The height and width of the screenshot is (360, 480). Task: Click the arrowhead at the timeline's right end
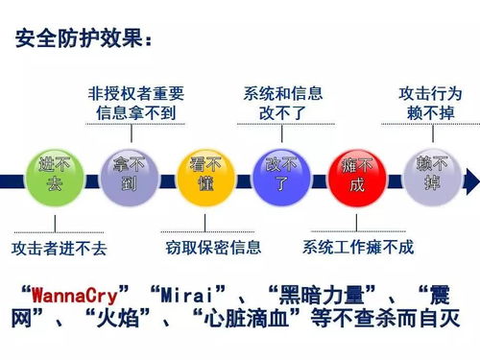pos(471,179)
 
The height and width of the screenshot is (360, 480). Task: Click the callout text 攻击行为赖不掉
pos(430,104)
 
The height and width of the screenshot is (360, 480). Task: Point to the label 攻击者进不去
pos(59,249)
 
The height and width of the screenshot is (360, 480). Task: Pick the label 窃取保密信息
pos(212,248)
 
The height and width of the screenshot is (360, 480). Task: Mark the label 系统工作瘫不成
pos(358,248)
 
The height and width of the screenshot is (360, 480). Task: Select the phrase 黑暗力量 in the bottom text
pos(310,293)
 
